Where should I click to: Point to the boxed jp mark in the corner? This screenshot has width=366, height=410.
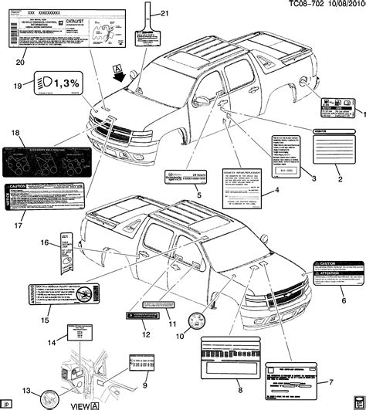[x=7, y=402]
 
